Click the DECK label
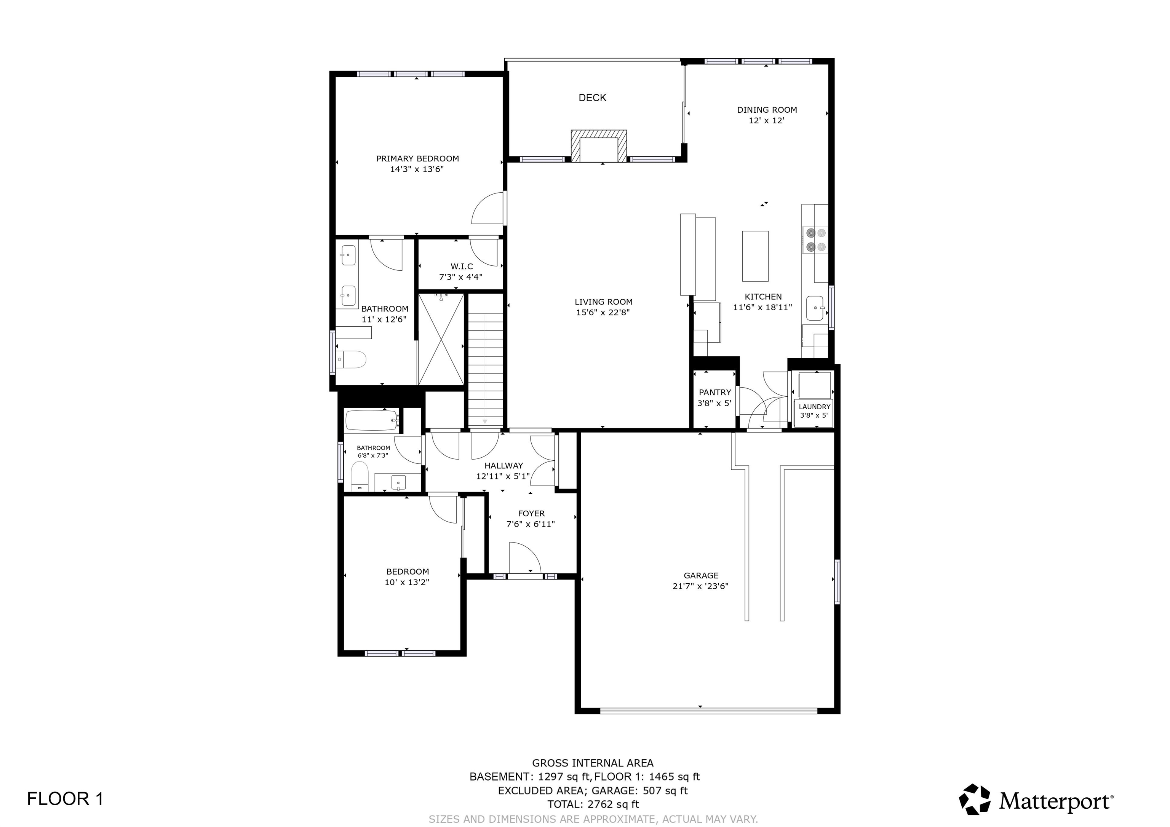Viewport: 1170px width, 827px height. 592,98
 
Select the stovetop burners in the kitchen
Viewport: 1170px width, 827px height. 814,240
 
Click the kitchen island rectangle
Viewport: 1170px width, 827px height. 755,256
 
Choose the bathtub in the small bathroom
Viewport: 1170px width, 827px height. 372,420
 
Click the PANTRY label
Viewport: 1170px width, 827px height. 715,392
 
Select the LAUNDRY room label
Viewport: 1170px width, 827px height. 814,407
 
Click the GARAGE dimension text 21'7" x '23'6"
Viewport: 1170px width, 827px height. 701,586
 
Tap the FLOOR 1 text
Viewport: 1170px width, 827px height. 65,798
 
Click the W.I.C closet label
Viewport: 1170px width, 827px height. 462,267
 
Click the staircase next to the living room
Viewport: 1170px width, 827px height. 485,369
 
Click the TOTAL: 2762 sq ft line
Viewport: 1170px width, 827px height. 593,804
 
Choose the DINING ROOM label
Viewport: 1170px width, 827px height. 767,110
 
